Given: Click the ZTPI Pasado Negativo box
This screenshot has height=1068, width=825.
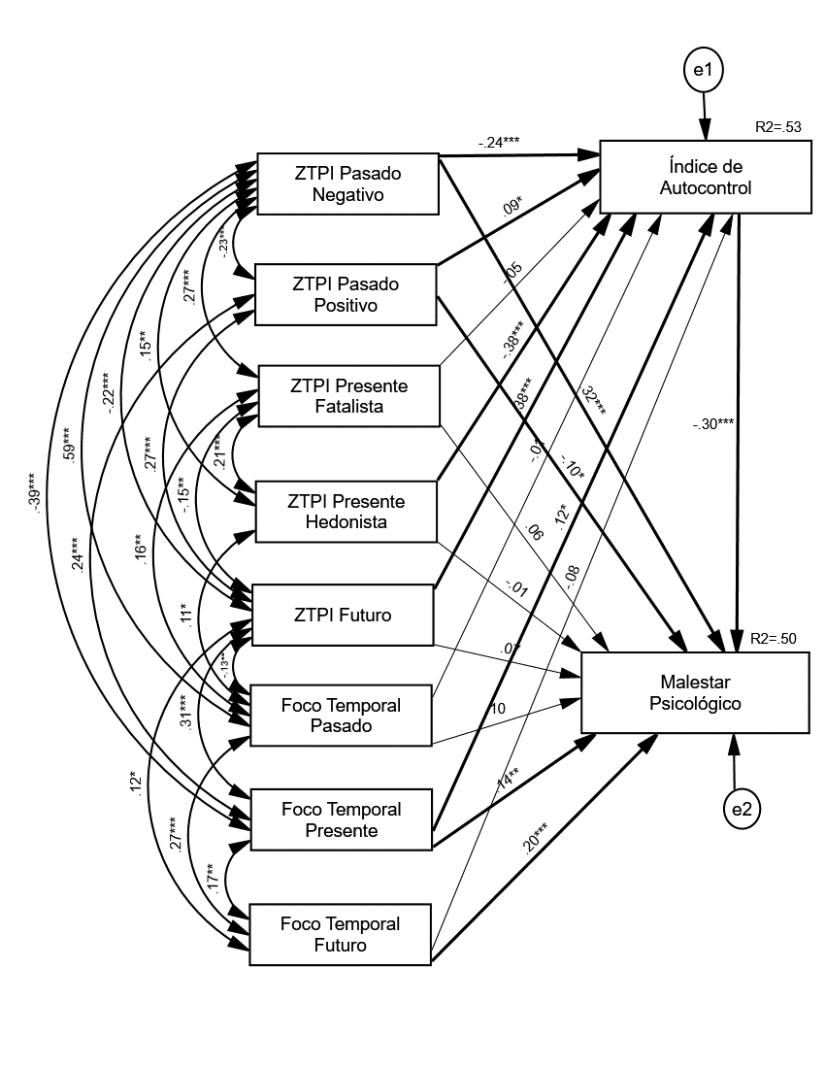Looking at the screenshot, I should (347, 184).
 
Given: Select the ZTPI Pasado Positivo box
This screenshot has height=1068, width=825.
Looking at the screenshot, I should (347, 295).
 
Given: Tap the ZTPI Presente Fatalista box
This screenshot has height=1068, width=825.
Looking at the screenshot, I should (348, 396).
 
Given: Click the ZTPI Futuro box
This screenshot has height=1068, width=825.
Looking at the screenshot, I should (342, 615).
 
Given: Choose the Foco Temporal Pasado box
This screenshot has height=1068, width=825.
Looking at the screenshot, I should (341, 715).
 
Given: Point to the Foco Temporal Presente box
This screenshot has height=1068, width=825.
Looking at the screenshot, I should (341, 819).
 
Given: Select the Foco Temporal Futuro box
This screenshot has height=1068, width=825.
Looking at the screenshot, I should (340, 933).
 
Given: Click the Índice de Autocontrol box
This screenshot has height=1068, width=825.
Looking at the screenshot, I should (706, 177).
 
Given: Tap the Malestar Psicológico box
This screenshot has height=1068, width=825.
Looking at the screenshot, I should (694, 691).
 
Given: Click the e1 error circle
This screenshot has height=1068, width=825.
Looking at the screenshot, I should (702, 71).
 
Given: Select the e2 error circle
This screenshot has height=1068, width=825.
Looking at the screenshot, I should (740, 811).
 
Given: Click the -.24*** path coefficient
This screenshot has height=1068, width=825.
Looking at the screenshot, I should (499, 142).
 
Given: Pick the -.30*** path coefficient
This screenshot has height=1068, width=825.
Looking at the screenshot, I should (713, 424).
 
